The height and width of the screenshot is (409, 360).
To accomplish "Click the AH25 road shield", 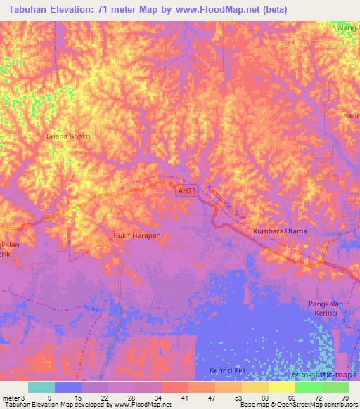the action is pos(185,190).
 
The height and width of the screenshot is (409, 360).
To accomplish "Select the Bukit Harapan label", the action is pos(137,235).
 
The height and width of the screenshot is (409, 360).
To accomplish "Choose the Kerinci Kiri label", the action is pos(226,370).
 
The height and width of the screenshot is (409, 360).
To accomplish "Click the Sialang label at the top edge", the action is pos(345,27).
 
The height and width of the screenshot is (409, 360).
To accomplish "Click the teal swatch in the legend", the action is pos(41,387).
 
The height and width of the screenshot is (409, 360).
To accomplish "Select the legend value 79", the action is pos(344,398).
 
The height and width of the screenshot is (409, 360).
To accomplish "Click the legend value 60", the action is pos(264,398).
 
